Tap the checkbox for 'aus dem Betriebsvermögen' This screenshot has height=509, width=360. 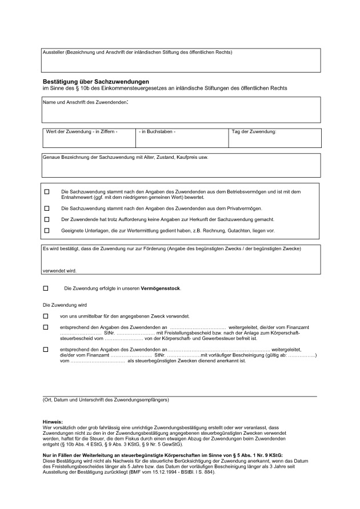coord(47,191)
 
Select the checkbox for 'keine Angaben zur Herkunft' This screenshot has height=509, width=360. coord(47,219)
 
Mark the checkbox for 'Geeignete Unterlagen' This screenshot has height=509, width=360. coord(47,230)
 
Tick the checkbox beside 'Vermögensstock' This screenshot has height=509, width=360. coord(46,288)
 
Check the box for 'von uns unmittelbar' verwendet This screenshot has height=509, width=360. coord(46,316)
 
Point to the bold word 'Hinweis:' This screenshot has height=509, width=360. coord(53,422)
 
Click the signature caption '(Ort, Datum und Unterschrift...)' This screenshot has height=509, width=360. coord(106,400)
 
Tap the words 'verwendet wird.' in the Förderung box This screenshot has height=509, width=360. coord(59,270)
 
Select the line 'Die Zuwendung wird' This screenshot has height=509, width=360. coord(65,304)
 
